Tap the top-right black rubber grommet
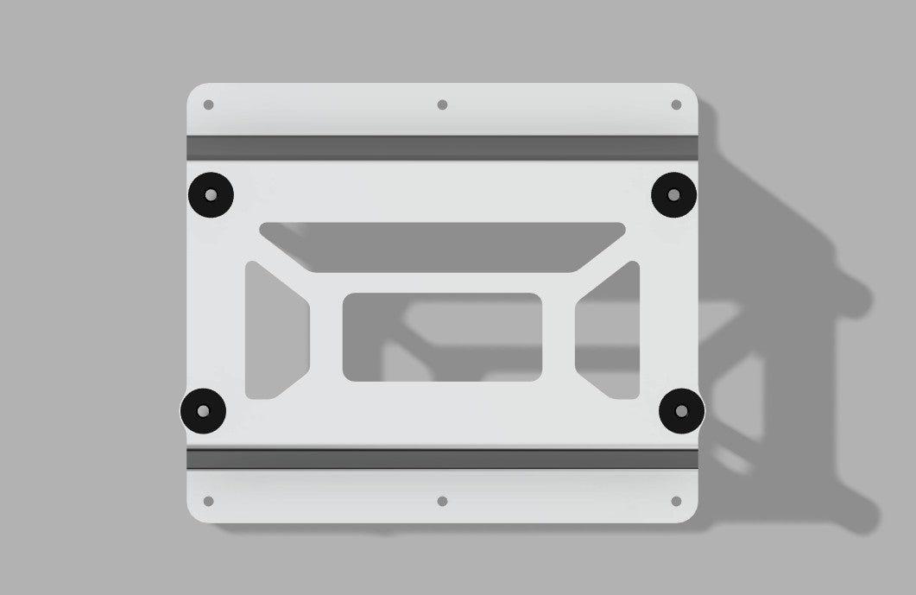pyautogui.click(x=673, y=194)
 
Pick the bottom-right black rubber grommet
pyautogui.click(x=681, y=411)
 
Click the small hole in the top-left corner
pyautogui.click(x=208, y=105)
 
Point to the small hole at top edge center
pyautogui.click(x=442, y=104)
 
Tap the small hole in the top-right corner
pyautogui.click(x=676, y=105)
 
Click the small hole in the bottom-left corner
pyautogui.click(x=208, y=501)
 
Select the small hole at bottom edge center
pyautogui.click(x=442, y=501)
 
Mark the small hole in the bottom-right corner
pyautogui.click(x=676, y=501)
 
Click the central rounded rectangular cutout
pyautogui.click(x=442, y=337)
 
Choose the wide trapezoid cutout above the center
pyautogui.click(x=442, y=247)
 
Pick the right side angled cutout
pyautogui.click(x=610, y=331)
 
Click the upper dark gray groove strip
pyautogui.click(x=442, y=148)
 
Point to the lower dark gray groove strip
pyautogui.click(x=442, y=459)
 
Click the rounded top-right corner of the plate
pyautogui.click(x=688, y=92)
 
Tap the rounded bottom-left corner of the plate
pyautogui.click(x=197, y=514)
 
